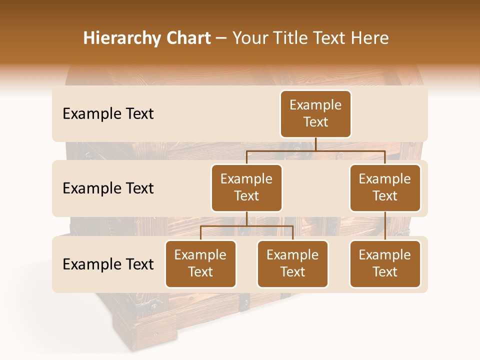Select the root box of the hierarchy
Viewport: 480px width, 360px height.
[315, 113]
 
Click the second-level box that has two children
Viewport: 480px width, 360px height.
[246, 187]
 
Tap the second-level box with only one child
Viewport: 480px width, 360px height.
[385, 187]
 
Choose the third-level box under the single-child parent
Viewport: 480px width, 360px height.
[385, 263]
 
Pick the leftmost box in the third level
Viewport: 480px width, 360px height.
[200, 263]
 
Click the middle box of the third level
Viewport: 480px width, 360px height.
[292, 263]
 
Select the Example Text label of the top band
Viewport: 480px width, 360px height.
[108, 113]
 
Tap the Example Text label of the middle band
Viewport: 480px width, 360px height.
[108, 188]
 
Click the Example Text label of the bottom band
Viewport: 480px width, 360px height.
[108, 264]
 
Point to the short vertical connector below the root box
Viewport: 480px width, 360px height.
[315, 144]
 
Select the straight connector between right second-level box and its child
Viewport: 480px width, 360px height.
[385, 226]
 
